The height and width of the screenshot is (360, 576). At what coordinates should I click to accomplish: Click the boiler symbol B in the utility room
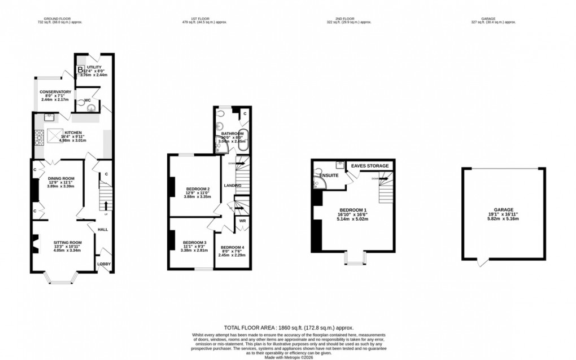point(80,69)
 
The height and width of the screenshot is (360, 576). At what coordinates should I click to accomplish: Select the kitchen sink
point(48,117)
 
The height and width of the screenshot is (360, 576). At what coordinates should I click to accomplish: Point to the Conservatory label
point(55,92)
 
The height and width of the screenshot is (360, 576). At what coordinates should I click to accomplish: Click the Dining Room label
point(61,179)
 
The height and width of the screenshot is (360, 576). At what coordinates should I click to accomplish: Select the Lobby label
point(104,264)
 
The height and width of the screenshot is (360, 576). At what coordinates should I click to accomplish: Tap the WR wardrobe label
point(242,221)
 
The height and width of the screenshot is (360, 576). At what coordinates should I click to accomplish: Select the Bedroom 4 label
point(232,248)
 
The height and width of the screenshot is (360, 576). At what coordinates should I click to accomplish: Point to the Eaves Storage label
point(370,166)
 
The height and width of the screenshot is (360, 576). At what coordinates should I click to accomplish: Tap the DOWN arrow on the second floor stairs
point(376,178)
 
